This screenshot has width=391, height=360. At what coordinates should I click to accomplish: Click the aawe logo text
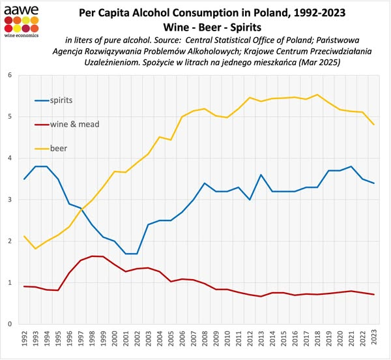pyautogui.click(x=19, y=9)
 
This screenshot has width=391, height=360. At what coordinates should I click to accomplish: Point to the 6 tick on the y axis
pyautogui.click(x=9, y=76)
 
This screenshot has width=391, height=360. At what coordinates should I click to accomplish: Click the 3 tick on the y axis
pyautogui.click(x=9, y=200)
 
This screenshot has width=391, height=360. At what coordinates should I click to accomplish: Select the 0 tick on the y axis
pyautogui.click(x=9, y=324)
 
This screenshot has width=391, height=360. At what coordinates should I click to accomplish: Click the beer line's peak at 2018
pyautogui.click(x=317, y=95)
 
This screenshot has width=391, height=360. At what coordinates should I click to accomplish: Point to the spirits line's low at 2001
pyautogui.click(x=126, y=253)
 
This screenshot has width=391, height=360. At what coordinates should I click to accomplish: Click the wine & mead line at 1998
pyautogui.click(x=93, y=256)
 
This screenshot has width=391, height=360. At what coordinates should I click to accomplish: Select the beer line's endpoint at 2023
pyautogui.click(x=373, y=125)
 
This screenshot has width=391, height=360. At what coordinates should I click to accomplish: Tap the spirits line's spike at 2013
pyautogui.click(x=261, y=175)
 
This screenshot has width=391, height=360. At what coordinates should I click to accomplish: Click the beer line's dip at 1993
pyautogui.click(x=36, y=248)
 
